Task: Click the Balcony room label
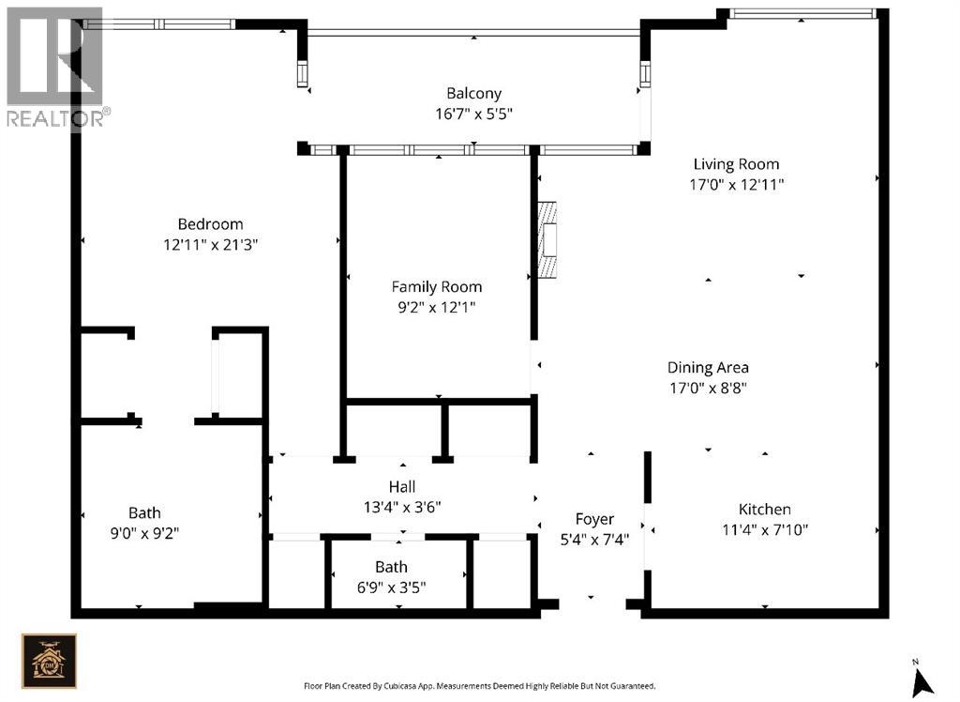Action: pos(473,94)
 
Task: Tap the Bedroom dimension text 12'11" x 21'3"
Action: pos(211,245)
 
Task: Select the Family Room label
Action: pos(437,287)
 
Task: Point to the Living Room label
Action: pos(736,164)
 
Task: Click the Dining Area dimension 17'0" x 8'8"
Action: pos(708,389)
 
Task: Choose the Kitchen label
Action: pos(765,510)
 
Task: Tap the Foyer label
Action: pos(594,520)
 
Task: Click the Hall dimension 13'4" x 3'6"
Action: pos(402,508)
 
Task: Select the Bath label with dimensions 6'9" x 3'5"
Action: pos(391,567)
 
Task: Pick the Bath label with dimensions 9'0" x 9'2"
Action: pos(144,513)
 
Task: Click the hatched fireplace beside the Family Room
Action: pos(547,239)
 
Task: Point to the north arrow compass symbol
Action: pos(922,679)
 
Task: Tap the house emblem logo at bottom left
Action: pos(49,661)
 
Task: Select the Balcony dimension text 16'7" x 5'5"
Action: pos(473,114)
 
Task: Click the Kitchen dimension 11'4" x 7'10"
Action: pos(765,529)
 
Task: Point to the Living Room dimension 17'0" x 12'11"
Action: pos(737,185)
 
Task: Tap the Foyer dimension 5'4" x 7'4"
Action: pos(594,541)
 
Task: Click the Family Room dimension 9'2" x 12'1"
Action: pos(437,307)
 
